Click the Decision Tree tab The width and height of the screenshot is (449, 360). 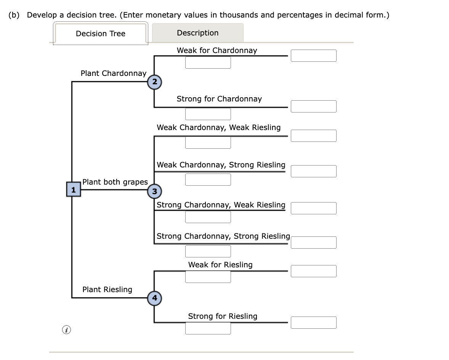click(x=101, y=34)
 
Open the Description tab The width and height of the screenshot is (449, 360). click(x=197, y=33)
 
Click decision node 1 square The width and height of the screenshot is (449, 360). click(x=74, y=190)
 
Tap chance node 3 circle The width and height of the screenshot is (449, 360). click(x=154, y=191)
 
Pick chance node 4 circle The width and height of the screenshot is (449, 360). click(x=154, y=297)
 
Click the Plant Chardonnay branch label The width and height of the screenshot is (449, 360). click(x=113, y=73)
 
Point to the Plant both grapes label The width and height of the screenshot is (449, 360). click(x=115, y=182)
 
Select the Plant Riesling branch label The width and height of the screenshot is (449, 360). click(x=107, y=289)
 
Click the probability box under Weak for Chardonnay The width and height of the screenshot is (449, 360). click(x=208, y=63)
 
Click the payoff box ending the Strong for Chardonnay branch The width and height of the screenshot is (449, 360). click(x=313, y=106)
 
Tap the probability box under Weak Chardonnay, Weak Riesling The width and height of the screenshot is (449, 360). click(x=208, y=143)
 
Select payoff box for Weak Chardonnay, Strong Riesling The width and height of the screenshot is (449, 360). click(x=313, y=171)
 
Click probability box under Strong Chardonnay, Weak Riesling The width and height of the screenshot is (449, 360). click(x=208, y=217)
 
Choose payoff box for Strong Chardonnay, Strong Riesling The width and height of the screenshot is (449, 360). click(x=313, y=243)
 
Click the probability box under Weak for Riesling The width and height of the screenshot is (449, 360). click(x=208, y=277)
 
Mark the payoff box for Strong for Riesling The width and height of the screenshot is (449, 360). click(x=313, y=323)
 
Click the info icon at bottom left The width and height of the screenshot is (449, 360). click(x=66, y=329)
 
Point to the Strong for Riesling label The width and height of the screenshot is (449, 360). click(x=223, y=316)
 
